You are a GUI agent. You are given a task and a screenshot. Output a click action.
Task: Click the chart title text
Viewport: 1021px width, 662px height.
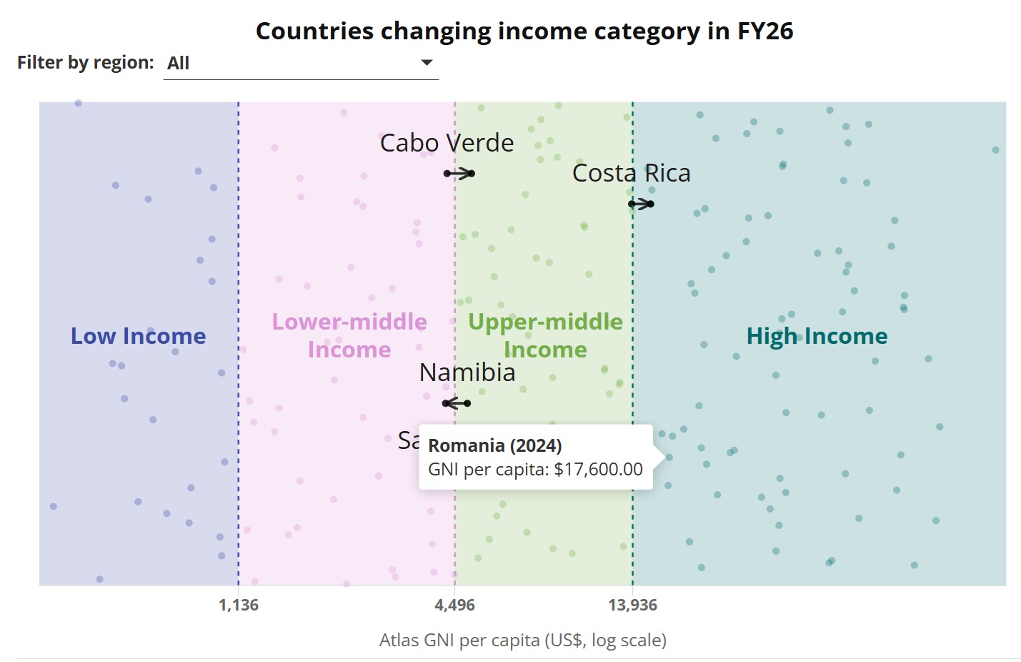pyautogui.click(x=524, y=31)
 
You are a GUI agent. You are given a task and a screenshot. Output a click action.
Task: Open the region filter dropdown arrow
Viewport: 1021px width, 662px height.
pyautogui.click(x=427, y=63)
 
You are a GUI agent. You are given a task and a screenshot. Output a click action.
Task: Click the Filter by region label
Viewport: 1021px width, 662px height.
pyautogui.click(x=85, y=63)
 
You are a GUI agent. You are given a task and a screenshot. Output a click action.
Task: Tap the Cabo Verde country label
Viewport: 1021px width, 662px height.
pyautogui.click(x=447, y=143)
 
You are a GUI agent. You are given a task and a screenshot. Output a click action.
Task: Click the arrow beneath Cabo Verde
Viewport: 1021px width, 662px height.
pyautogui.click(x=459, y=174)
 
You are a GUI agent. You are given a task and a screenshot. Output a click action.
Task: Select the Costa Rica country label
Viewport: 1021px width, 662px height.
pyautogui.click(x=631, y=173)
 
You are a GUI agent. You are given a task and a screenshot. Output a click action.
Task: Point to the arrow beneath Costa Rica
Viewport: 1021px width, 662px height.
pyautogui.click(x=641, y=204)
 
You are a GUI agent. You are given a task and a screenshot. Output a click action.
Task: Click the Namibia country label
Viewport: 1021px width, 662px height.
pyautogui.click(x=467, y=372)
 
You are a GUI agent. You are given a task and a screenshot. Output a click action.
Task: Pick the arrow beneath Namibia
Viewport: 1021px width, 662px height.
pyautogui.click(x=457, y=403)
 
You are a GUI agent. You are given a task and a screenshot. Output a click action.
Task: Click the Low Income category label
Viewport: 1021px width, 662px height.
pyautogui.click(x=138, y=336)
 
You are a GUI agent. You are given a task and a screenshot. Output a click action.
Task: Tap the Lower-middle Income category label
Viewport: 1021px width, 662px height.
pyautogui.click(x=349, y=335)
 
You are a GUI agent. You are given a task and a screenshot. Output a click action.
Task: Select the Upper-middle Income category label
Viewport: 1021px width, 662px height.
pyautogui.click(x=545, y=335)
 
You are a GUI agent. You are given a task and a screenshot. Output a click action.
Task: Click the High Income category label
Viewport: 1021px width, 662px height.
pyautogui.click(x=817, y=336)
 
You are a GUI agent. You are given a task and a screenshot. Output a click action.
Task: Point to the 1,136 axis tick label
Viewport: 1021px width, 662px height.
pyautogui.click(x=239, y=606)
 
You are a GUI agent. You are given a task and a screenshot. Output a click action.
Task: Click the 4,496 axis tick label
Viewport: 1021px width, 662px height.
pyautogui.click(x=454, y=606)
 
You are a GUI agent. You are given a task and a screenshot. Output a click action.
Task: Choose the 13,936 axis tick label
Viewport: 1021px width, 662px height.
pyautogui.click(x=632, y=606)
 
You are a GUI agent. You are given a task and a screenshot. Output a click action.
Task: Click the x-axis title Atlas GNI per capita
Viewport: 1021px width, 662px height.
pyautogui.click(x=522, y=640)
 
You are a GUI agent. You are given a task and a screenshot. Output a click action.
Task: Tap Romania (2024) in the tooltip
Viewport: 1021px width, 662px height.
pyautogui.click(x=494, y=445)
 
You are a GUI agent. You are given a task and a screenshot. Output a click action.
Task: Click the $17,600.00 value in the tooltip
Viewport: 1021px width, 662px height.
pyautogui.click(x=598, y=469)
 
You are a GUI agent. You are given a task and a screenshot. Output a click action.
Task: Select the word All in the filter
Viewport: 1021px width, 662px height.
pyautogui.click(x=179, y=64)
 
